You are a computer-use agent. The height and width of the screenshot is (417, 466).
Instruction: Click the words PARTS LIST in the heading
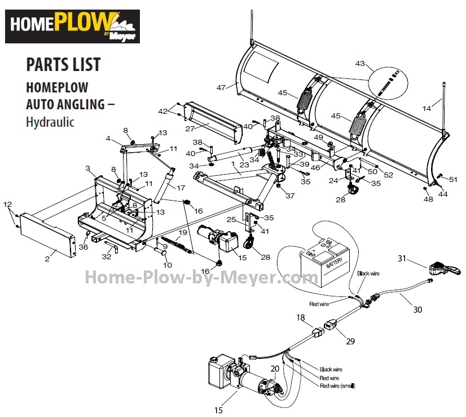63,64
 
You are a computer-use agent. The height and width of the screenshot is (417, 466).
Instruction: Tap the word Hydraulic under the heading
50,122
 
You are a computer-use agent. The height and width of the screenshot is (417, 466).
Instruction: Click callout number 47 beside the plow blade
221,87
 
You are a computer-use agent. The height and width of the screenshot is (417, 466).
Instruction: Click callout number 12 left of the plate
7,204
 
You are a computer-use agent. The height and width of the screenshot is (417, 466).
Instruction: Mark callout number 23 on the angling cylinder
244,165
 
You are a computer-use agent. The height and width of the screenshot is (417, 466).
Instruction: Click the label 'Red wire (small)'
337,385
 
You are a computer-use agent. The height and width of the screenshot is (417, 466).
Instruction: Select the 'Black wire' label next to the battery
368,273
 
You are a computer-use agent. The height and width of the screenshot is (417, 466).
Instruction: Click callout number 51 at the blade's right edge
454,179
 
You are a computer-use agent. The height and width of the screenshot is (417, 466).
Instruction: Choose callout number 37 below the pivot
290,196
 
